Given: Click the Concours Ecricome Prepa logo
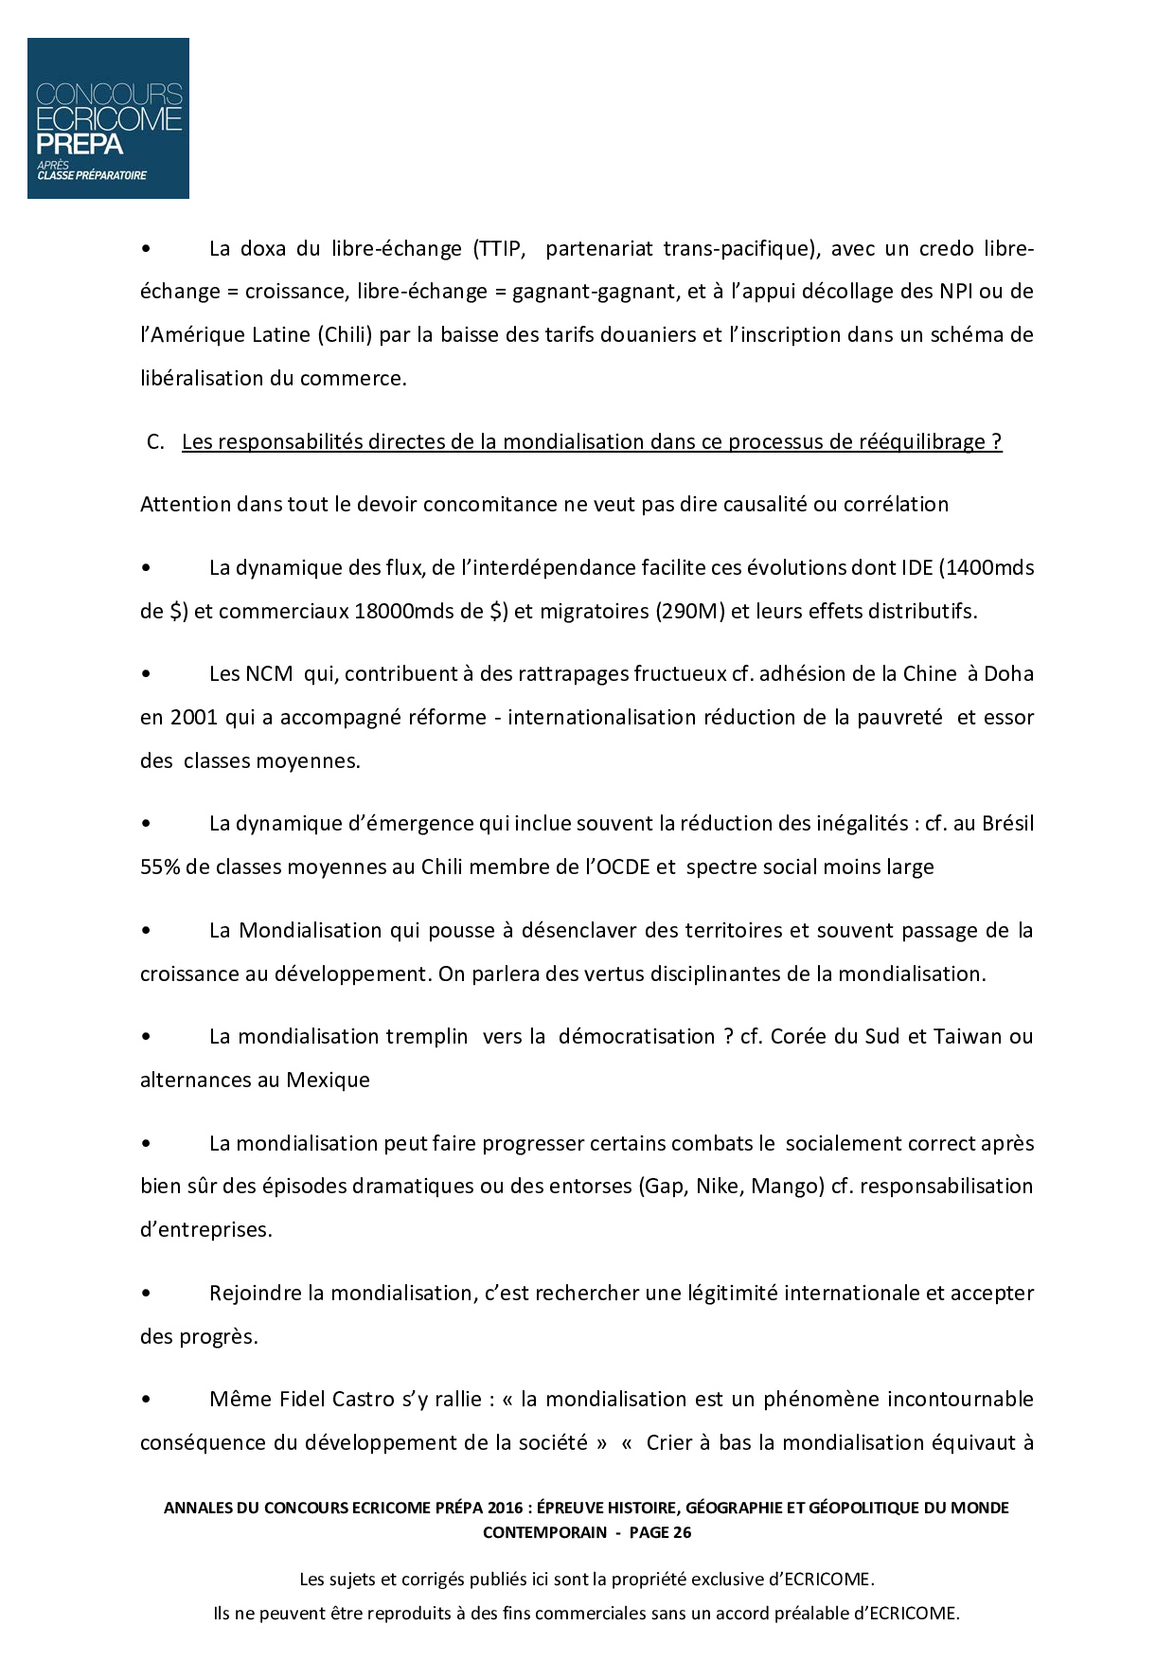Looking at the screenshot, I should tap(108, 118).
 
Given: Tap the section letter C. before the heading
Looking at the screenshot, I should tap(156, 442).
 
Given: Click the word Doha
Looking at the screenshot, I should tap(1008, 674).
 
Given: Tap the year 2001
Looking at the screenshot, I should tap(194, 718).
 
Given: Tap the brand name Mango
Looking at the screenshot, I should tap(783, 1187).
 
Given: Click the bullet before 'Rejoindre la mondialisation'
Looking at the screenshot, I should tap(146, 1294).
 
